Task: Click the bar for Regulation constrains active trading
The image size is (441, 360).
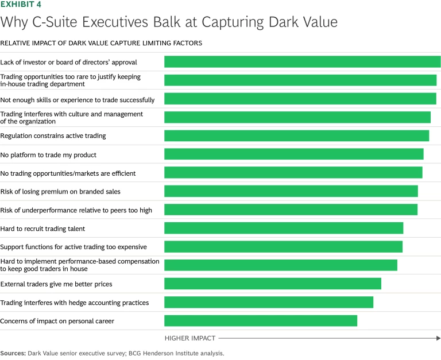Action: [x=296, y=136]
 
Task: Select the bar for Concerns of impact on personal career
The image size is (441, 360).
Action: [x=261, y=321]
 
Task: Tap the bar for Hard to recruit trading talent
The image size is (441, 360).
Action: [x=284, y=229]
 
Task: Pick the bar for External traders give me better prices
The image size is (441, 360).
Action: [x=273, y=284]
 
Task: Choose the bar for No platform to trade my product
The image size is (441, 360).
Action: [x=294, y=154]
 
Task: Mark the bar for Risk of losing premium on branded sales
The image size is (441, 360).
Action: [x=291, y=191]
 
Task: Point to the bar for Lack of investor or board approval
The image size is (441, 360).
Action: [x=302, y=62]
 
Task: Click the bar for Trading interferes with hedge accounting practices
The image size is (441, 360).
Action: [x=269, y=303]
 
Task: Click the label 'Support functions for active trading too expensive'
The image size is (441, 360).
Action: [x=73, y=247]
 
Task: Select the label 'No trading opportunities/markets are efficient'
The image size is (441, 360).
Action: [x=68, y=173]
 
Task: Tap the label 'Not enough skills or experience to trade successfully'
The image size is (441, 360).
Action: [x=78, y=99]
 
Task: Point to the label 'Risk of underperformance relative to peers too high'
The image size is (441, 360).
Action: [x=76, y=210]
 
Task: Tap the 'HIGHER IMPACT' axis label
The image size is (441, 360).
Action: [x=190, y=338]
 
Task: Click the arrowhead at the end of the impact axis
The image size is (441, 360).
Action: [x=438, y=338]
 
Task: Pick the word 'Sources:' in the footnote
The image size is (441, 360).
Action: [x=13, y=354]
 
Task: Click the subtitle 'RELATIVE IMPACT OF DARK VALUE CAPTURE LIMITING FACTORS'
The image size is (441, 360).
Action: [x=101, y=43]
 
